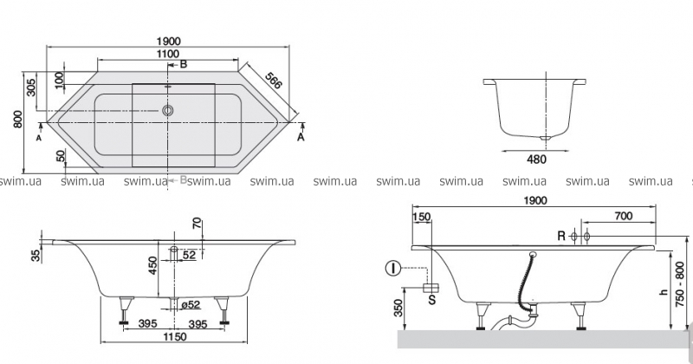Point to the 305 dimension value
(32, 88)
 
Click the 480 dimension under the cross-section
(538, 159)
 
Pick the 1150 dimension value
(178, 335)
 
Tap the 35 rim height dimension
(34, 255)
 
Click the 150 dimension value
(422, 217)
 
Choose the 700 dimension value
(621, 217)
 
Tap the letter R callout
(561, 236)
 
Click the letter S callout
(431, 300)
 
